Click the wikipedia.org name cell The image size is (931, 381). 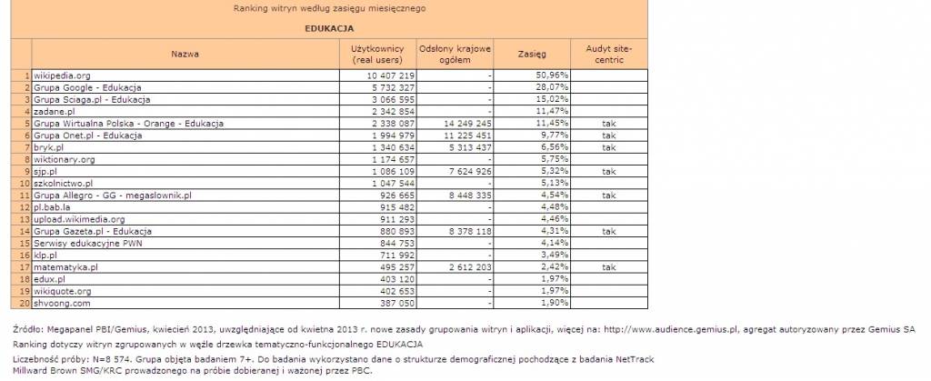coord(61,75)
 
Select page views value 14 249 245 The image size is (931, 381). coord(465,123)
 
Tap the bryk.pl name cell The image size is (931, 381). coord(48,146)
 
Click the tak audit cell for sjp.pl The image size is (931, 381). coord(609,171)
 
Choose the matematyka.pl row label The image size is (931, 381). coord(65,267)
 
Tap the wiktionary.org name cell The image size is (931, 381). coord(64,159)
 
